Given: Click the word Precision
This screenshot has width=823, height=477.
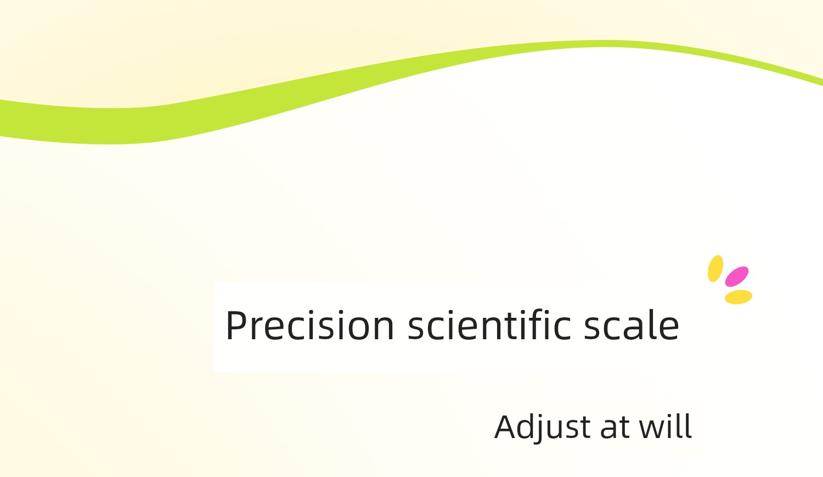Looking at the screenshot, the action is point(310,325).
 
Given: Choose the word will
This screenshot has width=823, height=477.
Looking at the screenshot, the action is point(666,426).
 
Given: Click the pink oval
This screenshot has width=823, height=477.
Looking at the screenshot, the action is point(737,277).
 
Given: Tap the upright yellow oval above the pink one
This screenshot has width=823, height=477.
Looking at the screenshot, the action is point(715,268).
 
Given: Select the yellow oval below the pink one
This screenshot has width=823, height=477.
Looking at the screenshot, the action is point(739,297).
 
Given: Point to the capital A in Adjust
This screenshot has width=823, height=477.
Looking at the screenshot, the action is point(507,427).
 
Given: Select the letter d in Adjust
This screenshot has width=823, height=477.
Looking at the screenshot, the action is point(531,427).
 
